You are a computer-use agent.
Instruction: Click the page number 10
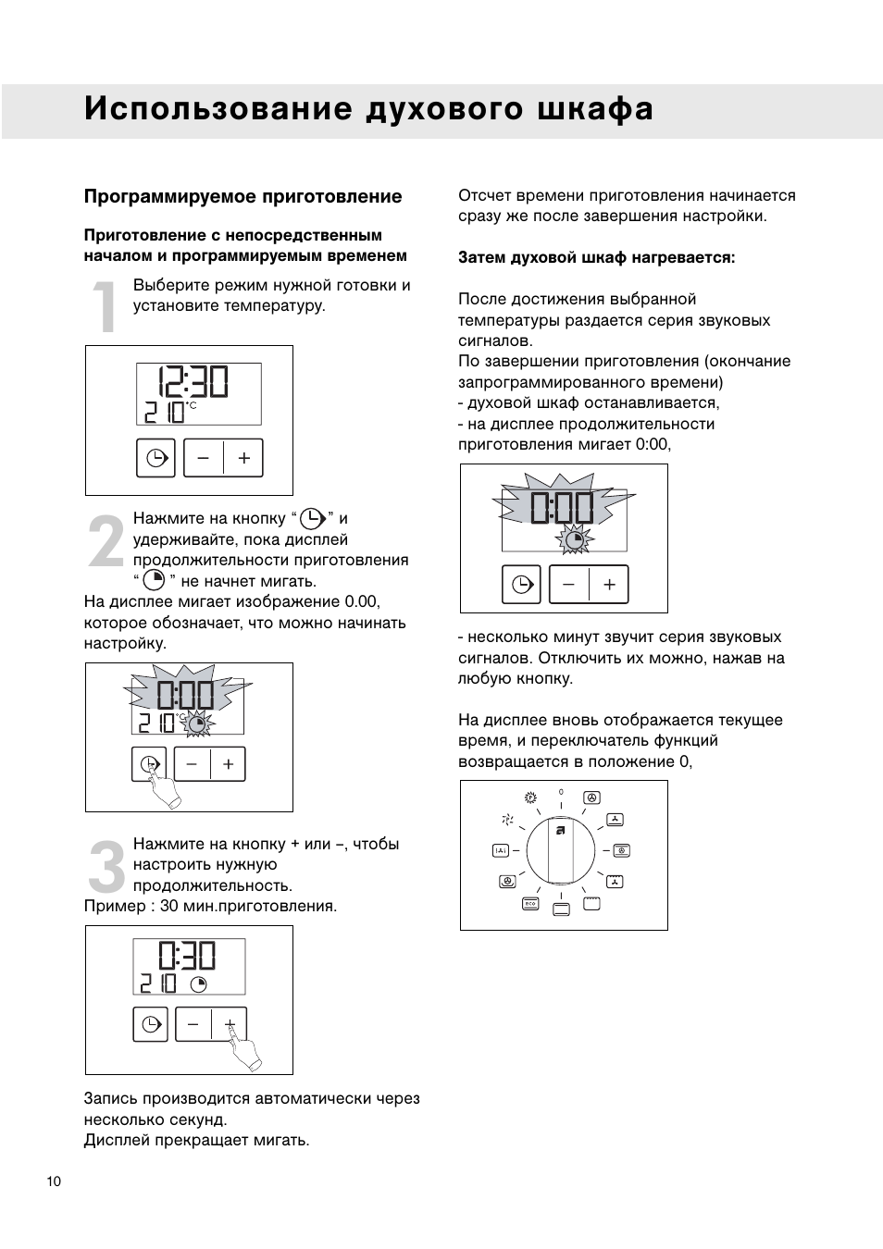(x=54, y=1181)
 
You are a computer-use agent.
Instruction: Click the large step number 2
(x=106, y=541)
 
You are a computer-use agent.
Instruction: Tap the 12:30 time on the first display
(x=193, y=382)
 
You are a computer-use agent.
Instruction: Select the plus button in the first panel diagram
(x=243, y=458)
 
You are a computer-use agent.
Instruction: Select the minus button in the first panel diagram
(x=204, y=458)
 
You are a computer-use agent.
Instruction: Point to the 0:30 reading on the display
(x=187, y=957)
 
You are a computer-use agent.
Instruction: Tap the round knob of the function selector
(x=561, y=850)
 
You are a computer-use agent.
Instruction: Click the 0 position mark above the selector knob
(x=561, y=793)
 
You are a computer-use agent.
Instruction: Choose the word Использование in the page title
(x=218, y=109)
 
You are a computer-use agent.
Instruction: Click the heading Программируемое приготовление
(x=243, y=196)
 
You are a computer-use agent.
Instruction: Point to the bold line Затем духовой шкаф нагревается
(x=596, y=257)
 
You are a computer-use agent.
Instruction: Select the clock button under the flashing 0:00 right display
(x=522, y=585)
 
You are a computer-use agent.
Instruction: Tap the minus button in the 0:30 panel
(x=193, y=1024)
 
